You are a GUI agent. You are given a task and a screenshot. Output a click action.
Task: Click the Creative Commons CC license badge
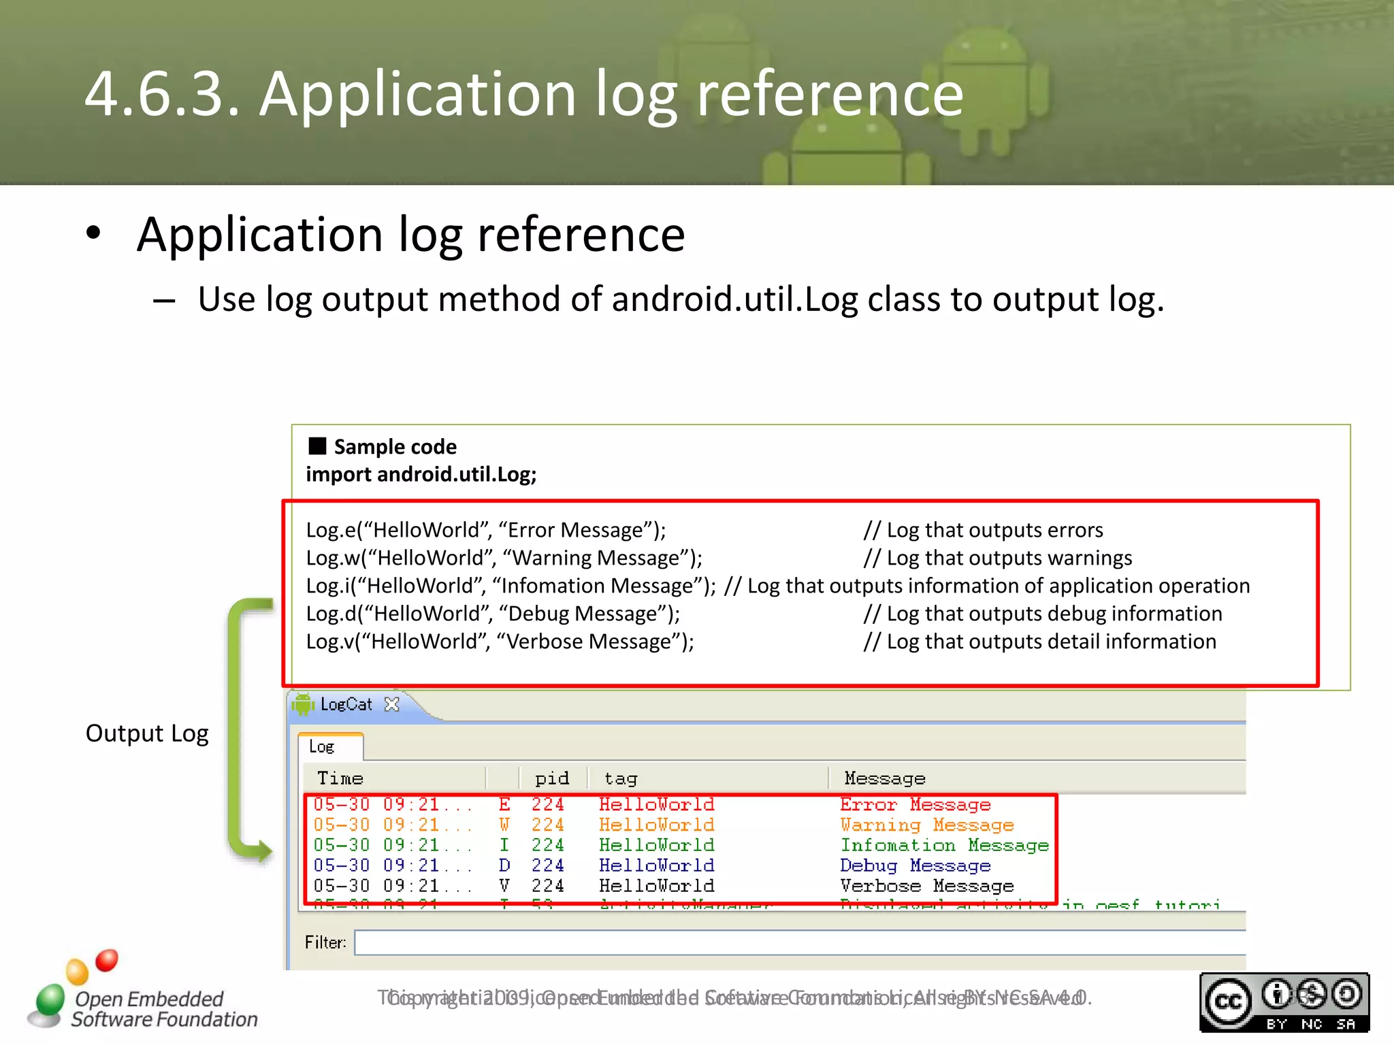(x=1284, y=1001)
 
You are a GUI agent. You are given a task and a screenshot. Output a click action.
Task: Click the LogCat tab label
(x=346, y=704)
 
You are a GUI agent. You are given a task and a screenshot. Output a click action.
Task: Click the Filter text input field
(x=796, y=942)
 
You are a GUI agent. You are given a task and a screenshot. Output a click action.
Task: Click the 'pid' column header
(x=552, y=778)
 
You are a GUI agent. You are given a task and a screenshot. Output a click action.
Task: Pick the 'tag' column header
(x=620, y=778)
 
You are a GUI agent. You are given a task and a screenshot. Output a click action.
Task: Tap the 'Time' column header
(x=340, y=778)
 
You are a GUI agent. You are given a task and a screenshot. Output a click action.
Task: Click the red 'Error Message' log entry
(x=915, y=805)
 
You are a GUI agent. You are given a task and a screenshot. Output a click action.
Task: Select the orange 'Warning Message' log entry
(x=926, y=825)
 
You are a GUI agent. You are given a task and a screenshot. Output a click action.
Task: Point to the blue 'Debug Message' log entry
(x=915, y=866)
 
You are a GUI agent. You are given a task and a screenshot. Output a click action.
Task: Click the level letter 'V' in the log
(x=504, y=886)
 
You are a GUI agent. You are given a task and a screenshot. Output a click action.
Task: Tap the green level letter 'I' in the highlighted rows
(x=504, y=845)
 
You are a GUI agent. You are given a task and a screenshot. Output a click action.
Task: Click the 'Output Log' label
(x=147, y=733)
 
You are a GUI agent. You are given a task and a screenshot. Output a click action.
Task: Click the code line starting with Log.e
(x=486, y=530)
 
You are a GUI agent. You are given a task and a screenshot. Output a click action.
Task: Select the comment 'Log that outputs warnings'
(x=997, y=558)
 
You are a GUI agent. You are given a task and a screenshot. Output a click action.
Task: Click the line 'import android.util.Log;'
(x=421, y=474)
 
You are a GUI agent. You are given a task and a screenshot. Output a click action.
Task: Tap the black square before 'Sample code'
(x=317, y=446)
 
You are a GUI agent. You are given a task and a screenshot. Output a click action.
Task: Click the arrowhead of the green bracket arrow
(x=262, y=850)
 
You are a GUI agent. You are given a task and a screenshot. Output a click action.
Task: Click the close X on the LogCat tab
(x=391, y=704)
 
